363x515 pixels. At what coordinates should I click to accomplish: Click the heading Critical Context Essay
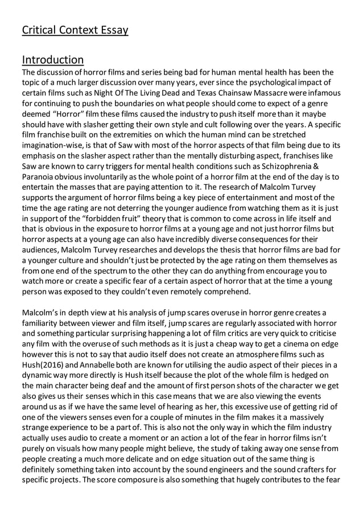(75, 30)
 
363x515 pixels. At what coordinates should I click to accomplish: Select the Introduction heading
(52, 60)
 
